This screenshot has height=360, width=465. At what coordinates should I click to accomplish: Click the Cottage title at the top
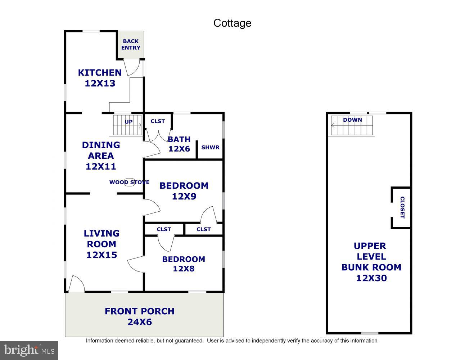pyautogui.click(x=232, y=23)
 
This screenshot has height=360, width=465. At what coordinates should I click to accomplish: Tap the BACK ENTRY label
pyautogui.click(x=131, y=44)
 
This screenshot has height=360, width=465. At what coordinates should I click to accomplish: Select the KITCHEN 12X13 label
pyautogui.click(x=100, y=78)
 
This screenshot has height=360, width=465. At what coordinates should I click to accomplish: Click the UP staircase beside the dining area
pyautogui.click(x=128, y=125)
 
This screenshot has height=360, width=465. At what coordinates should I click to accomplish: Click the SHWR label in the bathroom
pyautogui.click(x=210, y=147)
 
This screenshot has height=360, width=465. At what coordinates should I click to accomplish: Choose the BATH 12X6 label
pyautogui.click(x=179, y=144)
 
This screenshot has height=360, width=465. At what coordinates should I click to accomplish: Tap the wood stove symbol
pyautogui.click(x=129, y=182)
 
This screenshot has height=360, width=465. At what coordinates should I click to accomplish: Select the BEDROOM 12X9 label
pyautogui.click(x=184, y=191)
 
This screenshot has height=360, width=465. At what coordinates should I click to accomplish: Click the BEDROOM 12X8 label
pyautogui.click(x=184, y=264)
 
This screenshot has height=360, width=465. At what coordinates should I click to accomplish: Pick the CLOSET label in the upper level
pyautogui.click(x=402, y=207)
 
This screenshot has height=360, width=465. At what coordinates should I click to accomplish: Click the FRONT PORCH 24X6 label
pyautogui.click(x=140, y=316)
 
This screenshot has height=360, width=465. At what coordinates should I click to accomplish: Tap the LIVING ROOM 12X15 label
pyautogui.click(x=101, y=244)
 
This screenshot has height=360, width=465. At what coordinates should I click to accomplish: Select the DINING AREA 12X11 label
pyautogui.click(x=101, y=156)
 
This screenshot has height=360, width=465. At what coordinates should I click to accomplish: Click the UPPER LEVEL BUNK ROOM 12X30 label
pyautogui.click(x=371, y=262)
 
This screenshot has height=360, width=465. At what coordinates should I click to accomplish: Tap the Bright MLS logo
pyautogui.click(x=29, y=350)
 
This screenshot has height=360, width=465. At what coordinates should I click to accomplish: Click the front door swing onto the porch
pyautogui.click(x=76, y=284)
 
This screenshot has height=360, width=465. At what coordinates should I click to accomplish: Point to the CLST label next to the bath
pyautogui.click(x=158, y=121)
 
